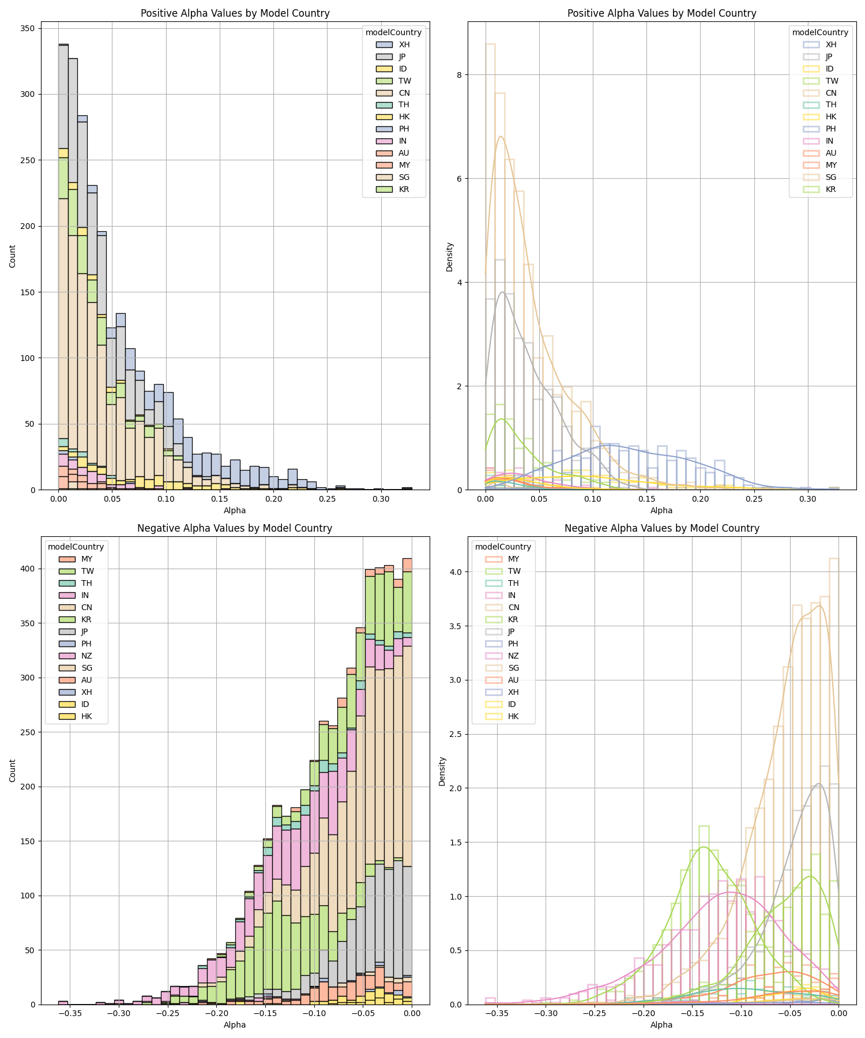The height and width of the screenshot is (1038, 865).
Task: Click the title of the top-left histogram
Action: tap(235, 13)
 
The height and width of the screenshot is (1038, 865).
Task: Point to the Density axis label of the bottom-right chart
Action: tap(442, 771)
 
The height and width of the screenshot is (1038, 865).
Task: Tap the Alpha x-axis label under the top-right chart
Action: tap(661, 510)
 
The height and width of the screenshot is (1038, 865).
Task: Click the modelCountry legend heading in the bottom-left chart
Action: tap(76, 547)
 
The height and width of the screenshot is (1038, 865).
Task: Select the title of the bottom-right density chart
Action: tap(661, 528)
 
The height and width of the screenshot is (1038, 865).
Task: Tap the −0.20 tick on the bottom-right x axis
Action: tap(644, 1013)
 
